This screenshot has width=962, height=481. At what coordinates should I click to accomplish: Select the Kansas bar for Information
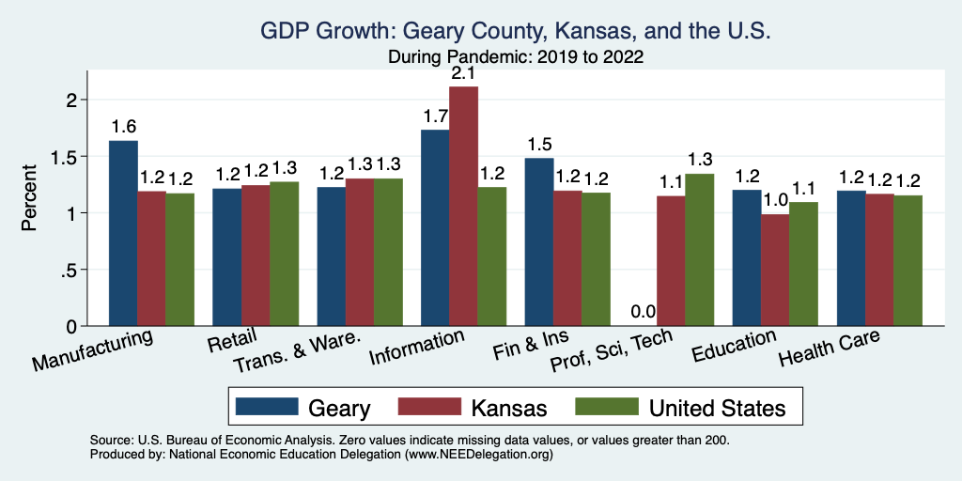click(463, 207)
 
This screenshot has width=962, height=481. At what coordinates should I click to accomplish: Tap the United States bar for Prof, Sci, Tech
click(700, 250)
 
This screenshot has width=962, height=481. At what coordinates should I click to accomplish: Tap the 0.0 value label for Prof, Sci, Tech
click(643, 312)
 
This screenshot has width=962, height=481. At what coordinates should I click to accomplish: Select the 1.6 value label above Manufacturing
click(123, 127)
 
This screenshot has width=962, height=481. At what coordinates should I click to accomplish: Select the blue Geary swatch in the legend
click(262, 407)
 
